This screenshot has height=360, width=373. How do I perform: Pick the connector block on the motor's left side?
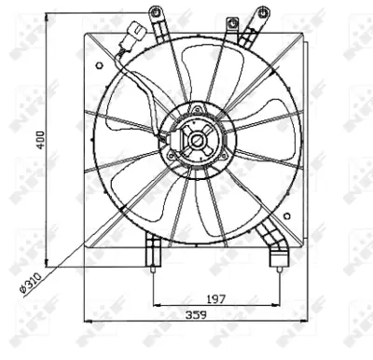click(x=174, y=141)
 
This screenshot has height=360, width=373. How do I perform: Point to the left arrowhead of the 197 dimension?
click(x=156, y=304)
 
